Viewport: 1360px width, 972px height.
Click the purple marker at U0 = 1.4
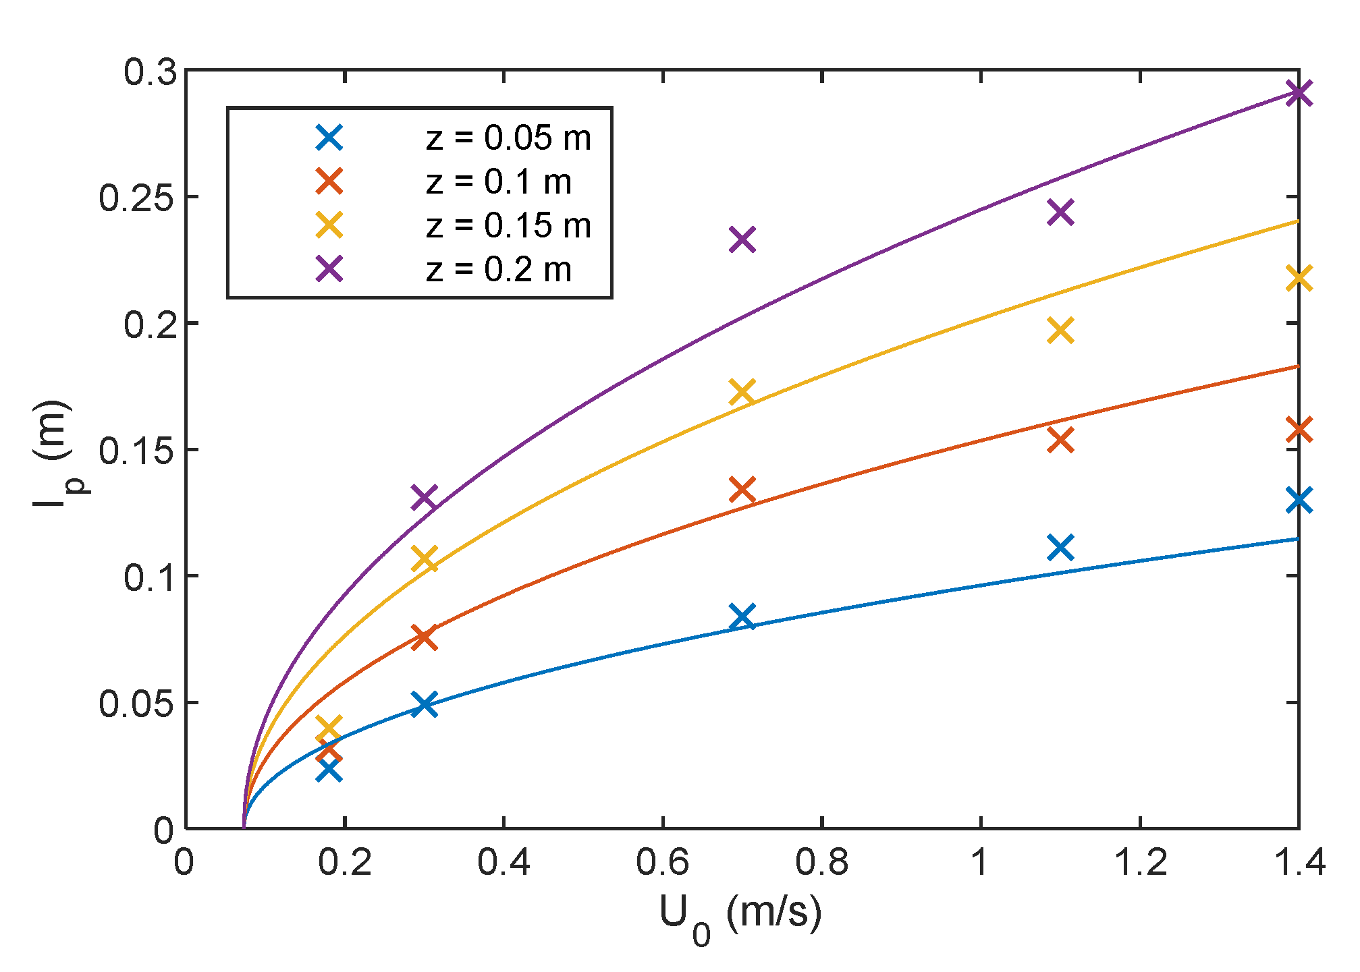[1299, 93]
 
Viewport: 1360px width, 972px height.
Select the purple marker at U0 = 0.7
[742, 239]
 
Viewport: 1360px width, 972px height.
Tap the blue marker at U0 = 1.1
[1060, 548]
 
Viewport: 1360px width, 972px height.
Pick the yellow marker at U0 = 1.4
[1299, 279]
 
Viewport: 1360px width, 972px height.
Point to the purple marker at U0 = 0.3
[425, 498]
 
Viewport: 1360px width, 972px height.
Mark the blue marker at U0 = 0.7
[742, 617]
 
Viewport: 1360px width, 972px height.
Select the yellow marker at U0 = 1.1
[1060, 331]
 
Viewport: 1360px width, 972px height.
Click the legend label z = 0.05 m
[508, 138]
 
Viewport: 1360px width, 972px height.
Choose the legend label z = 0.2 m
[499, 270]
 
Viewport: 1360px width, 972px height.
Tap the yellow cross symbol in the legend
[329, 225]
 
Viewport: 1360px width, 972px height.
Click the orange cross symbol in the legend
[329, 181]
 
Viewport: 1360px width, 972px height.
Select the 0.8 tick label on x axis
[821, 863]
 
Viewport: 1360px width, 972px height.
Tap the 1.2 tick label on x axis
[1139, 863]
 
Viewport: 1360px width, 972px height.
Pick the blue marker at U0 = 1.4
[1299, 501]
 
